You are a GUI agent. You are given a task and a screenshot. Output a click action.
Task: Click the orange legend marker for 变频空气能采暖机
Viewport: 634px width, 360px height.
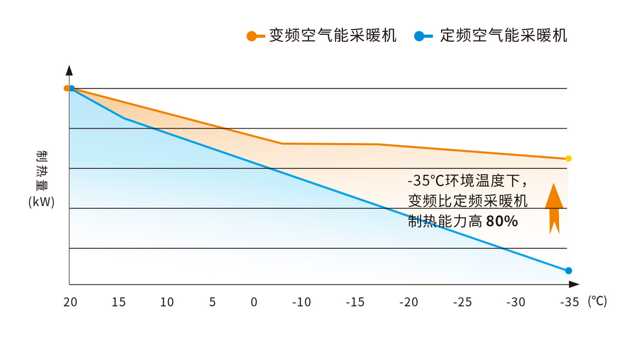click(x=252, y=36)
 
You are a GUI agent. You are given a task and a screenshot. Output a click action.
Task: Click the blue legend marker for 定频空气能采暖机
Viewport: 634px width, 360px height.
click(x=419, y=36)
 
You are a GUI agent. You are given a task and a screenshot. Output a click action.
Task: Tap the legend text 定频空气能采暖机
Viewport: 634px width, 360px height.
click(x=504, y=35)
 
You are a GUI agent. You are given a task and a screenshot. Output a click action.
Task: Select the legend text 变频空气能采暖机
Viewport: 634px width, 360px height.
click(x=332, y=35)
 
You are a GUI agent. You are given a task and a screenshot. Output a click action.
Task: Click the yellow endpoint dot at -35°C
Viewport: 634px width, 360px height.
click(x=568, y=159)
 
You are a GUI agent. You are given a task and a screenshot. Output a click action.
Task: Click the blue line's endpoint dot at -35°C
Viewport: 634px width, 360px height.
click(x=568, y=271)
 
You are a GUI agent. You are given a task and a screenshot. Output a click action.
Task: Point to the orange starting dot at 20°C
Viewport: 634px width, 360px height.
click(x=67, y=88)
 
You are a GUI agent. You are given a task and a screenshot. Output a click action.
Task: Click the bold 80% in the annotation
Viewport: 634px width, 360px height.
click(x=501, y=221)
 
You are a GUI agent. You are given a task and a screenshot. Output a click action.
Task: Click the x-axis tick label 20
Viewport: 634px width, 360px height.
click(x=70, y=302)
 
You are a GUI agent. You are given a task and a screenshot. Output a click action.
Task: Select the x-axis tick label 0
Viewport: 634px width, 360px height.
click(x=254, y=302)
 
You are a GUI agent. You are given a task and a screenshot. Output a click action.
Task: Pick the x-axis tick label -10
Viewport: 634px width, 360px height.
click(x=302, y=302)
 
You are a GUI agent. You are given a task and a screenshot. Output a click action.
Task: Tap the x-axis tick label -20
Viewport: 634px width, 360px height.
click(x=408, y=302)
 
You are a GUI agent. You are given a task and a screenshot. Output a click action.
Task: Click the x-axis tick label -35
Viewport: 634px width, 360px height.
click(x=569, y=302)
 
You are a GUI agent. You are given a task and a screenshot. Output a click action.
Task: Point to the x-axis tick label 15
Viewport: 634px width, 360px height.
click(x=119, y=302)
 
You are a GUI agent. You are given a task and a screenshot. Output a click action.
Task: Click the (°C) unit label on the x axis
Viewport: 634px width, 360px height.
click(x=598, y=301)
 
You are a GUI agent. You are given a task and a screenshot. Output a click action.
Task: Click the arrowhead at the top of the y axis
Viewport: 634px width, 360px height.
click(x=69, y=70)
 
